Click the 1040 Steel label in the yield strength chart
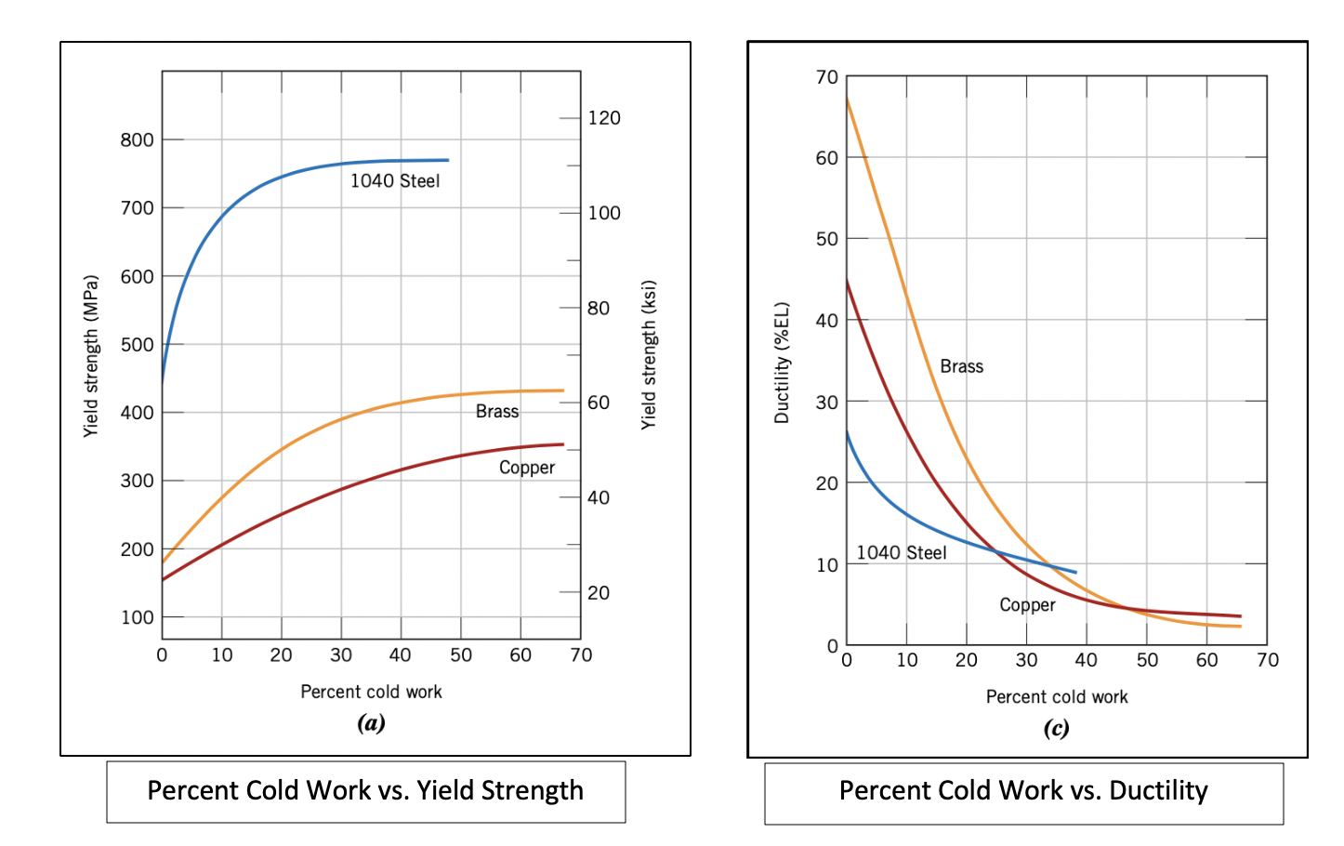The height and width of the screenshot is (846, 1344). coord(395,181)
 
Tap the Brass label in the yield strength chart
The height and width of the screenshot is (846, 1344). coord(497,412)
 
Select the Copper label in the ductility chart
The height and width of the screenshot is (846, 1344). coord(1027,605)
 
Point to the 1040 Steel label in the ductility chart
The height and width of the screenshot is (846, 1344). coord(901,553)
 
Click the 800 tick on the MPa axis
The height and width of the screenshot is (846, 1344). coord(137,140)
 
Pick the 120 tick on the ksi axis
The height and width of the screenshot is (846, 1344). coord(604,118)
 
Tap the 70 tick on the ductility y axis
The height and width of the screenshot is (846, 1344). coord(826,77)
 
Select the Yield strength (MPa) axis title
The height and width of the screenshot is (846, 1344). coord(90,356)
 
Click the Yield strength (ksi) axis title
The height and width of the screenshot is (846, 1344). coord(649,354)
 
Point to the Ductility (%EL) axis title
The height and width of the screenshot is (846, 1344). coord(782,363)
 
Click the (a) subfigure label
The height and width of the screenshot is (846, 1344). coord(371,723)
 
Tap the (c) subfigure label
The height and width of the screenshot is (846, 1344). coord(1056,728)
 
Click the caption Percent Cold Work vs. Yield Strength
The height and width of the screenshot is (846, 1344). coord(365,791)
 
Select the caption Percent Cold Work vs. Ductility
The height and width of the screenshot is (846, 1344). coord(1023,791)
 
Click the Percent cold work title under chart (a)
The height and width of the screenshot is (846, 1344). coord(371,692)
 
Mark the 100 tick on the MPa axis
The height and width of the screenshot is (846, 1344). coord(137,617)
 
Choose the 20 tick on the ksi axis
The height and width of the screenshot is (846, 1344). coord(599,593)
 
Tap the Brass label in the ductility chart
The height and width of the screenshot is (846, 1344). coord(961,366)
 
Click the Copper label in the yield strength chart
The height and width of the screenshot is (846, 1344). coord(527,468)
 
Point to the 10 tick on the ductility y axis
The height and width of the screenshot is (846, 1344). coord(826,565)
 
